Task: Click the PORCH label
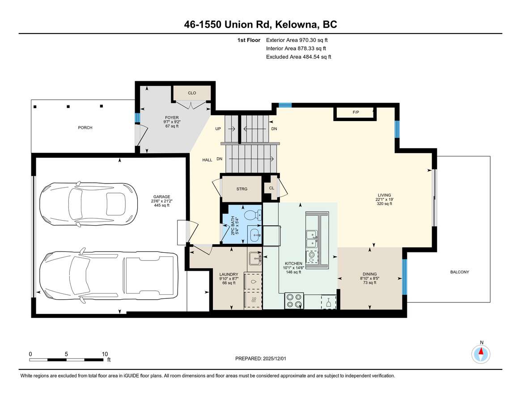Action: pyautogui.click(x=85, y=128)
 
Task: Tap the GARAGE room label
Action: pyautogui.click(x=161, y=197)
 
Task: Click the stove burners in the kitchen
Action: pyautogui.click(x=294, y=300)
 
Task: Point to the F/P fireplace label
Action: pyautogui.click(x=356, y=113)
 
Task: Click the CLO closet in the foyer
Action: pyautogui.click(x=192, y=93)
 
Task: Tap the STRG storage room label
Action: pyautogui.click(x=241, y=188)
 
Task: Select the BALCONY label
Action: pyautogui.click(x=460, y=272)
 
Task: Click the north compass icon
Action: pyautogui.click(x=481, y=354)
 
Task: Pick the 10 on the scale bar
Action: pyautogui.click(x=105, y=353)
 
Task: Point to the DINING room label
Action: pyautogui.click(x=369, y=274)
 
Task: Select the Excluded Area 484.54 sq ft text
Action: pyautogui.click(x=298, y=57)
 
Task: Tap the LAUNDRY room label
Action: pyautogui.click(x=228, y=275)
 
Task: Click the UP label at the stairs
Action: pyautogui.click(x=218, y=129)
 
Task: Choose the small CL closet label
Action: pyautogui.click(x=271, y=188)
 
